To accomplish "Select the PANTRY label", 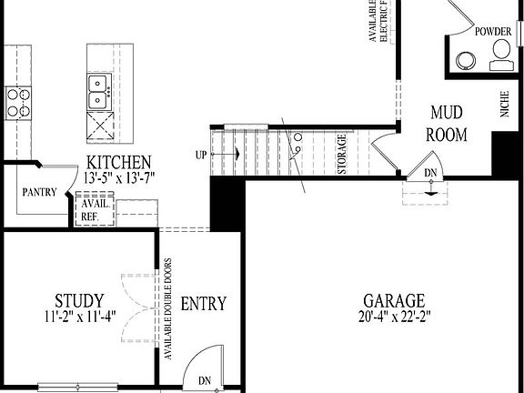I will [39, 192].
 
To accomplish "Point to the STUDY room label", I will [78, 300].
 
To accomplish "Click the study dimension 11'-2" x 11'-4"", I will [78, 317].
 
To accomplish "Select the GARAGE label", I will [394, 300].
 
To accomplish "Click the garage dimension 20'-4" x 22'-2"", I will [394, 317].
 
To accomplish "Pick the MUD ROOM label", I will [448, 125].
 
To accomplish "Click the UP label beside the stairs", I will [200, 155].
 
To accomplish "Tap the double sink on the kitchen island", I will [96, 86].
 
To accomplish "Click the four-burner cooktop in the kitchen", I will [17, 101].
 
